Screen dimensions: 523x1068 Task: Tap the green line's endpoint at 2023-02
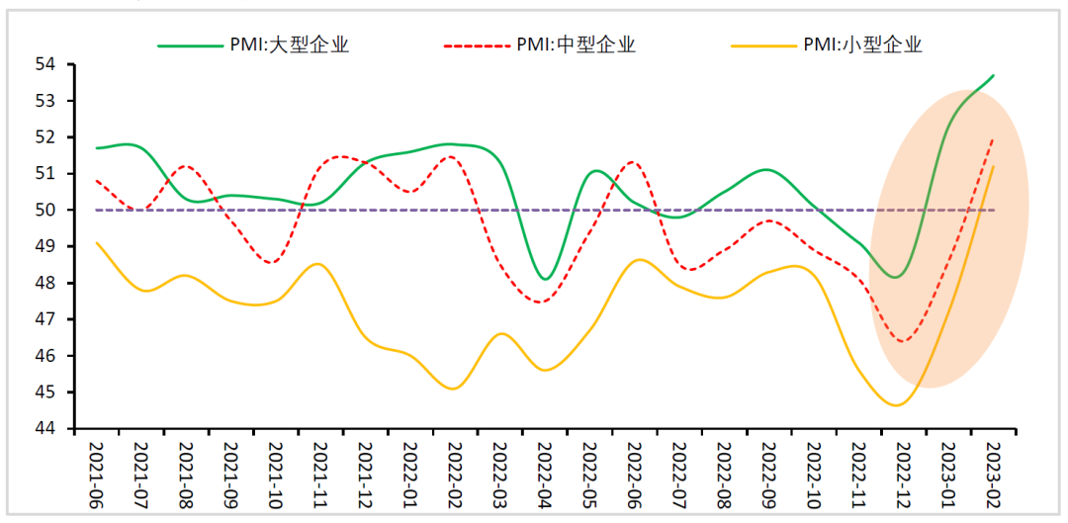tap(993, 75)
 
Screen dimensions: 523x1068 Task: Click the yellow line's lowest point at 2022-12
tap(897, 405)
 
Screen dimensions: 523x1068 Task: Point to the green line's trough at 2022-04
tap(545, 279)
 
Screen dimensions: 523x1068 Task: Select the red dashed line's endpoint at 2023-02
tap(993, 139)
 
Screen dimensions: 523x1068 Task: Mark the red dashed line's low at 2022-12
tap(902, 341)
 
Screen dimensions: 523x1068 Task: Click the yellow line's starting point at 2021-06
tap(96, 242)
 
